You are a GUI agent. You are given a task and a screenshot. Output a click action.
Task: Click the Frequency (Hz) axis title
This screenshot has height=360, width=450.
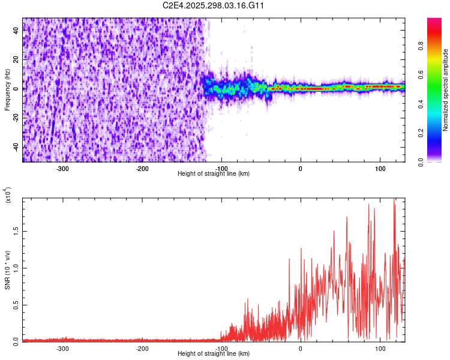coord(7,89)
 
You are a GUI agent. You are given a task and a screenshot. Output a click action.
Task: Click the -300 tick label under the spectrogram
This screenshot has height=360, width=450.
coord(63,169)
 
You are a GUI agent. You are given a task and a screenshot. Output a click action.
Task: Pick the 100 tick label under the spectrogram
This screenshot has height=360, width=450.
coord(379,169)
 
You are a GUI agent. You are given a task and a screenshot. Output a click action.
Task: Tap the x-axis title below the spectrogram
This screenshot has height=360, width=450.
coord(214,173)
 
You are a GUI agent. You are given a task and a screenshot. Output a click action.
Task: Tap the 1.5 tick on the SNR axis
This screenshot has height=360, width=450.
coord(14,230)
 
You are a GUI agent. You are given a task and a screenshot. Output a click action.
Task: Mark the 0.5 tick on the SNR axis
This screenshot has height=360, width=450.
coord(14,304)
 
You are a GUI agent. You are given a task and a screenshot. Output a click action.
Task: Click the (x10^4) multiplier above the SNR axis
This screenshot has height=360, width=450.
coord(8,195)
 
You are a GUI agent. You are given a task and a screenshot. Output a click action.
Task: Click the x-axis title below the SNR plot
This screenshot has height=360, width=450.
coord(214,353)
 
